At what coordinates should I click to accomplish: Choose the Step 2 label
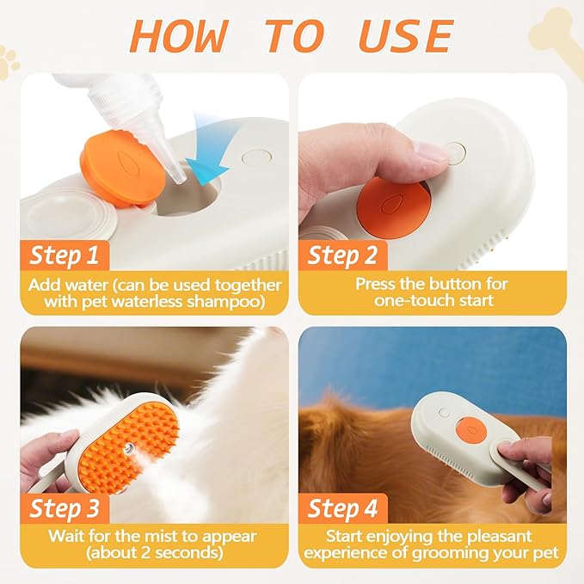(342, 255)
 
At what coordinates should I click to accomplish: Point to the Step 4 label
(342, 507)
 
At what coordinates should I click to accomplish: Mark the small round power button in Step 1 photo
(255, 159)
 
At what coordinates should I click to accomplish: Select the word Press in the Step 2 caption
(377, 283)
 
